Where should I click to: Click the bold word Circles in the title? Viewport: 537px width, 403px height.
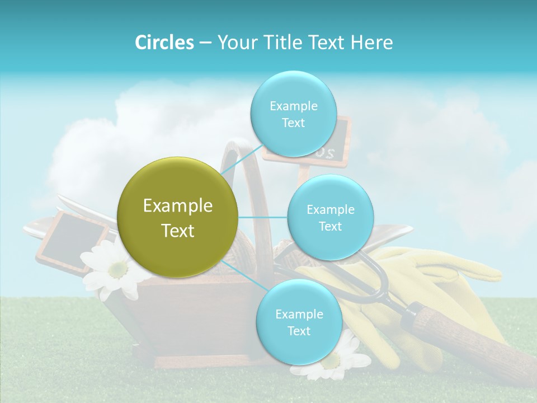(164, 43)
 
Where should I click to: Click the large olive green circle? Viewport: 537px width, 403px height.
(178, 217)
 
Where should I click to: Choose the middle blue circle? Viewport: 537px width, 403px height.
(331, 217)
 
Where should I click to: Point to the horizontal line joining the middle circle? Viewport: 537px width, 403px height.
(263, 217)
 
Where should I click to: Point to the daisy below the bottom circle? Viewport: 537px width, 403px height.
(336, 361)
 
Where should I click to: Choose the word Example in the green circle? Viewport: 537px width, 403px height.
(178, 206)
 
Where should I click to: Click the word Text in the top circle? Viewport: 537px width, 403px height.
(293, 123)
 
